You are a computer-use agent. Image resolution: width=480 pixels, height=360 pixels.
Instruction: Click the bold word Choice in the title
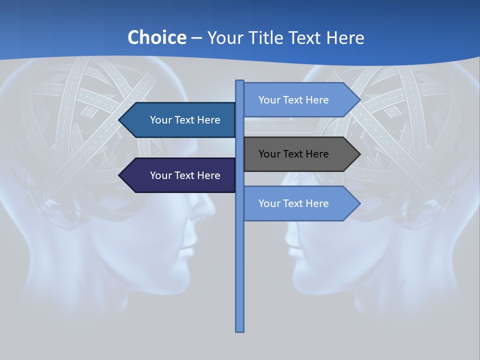[x=156, y=37]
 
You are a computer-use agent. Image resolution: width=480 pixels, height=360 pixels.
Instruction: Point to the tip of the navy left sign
[x=120, y=175]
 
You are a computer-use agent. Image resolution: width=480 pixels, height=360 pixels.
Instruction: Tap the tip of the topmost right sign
[x=358, y=100]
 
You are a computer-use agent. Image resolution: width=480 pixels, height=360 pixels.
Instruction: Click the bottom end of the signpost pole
[x=240, y=329]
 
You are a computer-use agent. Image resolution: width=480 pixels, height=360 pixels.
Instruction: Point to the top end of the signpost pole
[x=240, y=82]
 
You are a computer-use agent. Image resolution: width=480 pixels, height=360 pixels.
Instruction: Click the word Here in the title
[x=345, y=37]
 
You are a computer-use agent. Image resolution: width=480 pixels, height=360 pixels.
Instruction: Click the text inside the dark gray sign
[x=293, y=154]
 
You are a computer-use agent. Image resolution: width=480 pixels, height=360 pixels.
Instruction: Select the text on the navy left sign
[x=185, y=175]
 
